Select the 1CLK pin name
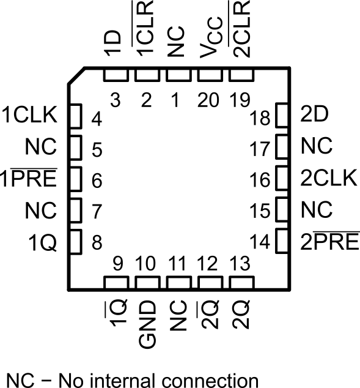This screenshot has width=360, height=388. click(29, 114)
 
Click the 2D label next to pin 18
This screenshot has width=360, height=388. click(313, 114)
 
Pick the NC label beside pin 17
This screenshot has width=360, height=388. click(317, 146)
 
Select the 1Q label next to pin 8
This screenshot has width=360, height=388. click(45, 243)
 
